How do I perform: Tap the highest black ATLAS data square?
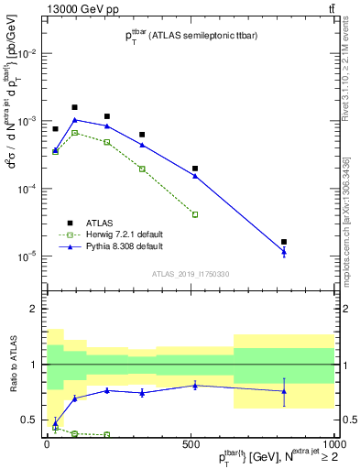tap(75, 107)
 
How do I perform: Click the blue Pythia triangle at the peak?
tap(75, 120)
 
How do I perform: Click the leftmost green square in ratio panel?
tap(55, 427)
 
